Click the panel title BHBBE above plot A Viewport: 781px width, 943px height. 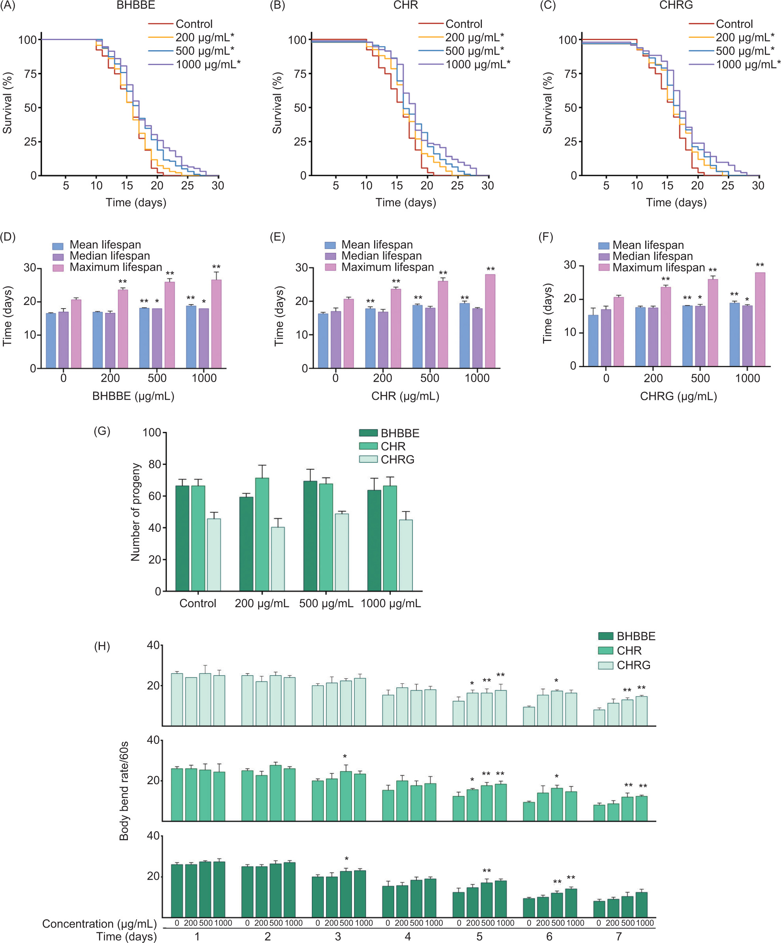coord(136,6)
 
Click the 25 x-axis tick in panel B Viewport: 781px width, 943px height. coord(457,185)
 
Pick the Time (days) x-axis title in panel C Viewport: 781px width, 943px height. coord(676,203)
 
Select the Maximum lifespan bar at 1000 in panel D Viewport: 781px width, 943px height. coord(216,324)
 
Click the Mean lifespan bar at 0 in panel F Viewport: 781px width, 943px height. coord(593,341)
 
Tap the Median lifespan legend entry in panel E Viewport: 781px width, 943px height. coord(381,256)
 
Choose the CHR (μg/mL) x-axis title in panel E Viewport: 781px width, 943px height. coord(405,396)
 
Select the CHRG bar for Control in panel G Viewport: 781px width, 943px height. coord(214,555)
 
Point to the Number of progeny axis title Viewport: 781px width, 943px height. coord(135,512)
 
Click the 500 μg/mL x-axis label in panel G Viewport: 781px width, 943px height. coord(326,603)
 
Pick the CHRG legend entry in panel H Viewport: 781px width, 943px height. coord(633,665)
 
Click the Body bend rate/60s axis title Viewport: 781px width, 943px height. coord(124,791)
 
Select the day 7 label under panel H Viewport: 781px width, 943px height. coord(619,936)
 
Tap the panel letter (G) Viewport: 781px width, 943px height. coord(102,431)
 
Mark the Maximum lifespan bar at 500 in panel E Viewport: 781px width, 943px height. coord(443,324)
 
